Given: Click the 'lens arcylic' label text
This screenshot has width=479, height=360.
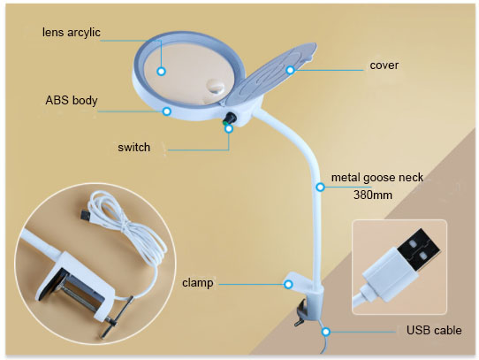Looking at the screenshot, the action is coord(72,32).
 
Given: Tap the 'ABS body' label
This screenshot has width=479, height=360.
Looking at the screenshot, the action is coord(72,100).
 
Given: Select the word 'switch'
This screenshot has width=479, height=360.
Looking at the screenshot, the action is coord(134,147).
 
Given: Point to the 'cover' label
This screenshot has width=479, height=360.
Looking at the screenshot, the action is coord(384,65).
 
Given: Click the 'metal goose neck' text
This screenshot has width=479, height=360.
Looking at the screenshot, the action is coord(377,178).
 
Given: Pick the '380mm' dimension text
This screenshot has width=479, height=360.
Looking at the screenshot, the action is coord(373,195).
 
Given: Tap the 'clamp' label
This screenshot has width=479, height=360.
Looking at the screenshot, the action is coord(198,283).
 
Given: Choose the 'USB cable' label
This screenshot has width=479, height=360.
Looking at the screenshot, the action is coord(434,330).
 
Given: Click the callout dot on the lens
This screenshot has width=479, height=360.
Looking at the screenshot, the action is coord(162,72).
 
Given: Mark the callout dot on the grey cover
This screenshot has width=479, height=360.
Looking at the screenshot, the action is coord(290,70).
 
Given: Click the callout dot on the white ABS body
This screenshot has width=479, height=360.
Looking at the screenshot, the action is coord(166,111).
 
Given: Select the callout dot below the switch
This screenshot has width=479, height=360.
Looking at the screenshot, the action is coord(229,128).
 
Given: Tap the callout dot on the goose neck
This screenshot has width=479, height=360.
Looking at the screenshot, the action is coord(320,187).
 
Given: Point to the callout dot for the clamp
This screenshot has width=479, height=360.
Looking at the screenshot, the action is coord(288,285).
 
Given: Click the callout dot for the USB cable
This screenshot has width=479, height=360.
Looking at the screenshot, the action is coord(326,332).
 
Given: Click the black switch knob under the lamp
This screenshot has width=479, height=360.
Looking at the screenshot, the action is coord(230,118).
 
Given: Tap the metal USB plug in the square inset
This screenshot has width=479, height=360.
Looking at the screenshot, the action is coord(419,249).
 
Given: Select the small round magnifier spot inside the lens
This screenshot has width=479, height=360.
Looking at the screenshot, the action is coord(216,87).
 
